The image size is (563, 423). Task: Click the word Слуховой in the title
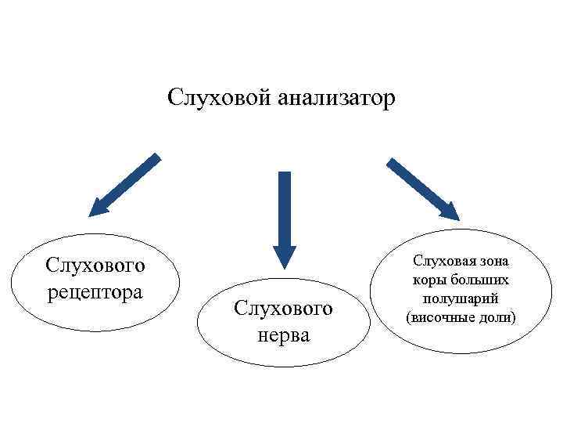[x=217, y=99]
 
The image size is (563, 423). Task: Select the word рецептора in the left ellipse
[x=95, y=292]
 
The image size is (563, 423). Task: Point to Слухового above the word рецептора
[x=95, y=266]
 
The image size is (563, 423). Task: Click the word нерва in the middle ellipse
[x=283, y=335]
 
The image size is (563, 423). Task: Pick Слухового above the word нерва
[x=283, y=309]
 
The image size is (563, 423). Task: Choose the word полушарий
[x=461, y=298]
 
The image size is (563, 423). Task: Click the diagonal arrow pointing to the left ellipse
[x=125, y=184]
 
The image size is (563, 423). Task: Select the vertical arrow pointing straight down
[x=285, y=211]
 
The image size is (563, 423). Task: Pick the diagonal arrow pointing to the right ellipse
[x=423, y=189]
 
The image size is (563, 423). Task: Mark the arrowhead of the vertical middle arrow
[x=285, y=256]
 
